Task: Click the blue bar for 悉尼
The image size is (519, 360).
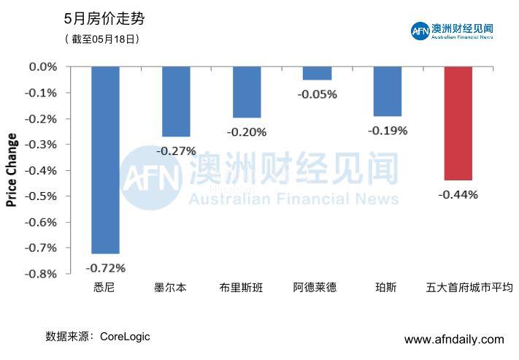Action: click(x=105, y=160)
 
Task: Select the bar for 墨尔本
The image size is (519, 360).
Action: click(x=176, y=102)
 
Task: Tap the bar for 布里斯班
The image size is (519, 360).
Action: click(x=247, y=92)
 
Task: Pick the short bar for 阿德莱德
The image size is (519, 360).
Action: click(x=317, y=73)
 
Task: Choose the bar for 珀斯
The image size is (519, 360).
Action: click(x=388, y=91)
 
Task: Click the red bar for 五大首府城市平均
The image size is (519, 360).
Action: click(x=458, y=123)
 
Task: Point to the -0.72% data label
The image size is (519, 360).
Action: click(x=105, y=267)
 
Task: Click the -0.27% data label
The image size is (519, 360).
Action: click(x=176, y=151)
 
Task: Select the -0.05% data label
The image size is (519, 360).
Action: click(x=317, y=94)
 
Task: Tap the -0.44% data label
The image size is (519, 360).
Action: click(x=458, y=194)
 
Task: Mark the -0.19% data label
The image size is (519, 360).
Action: click(x=388, y=131)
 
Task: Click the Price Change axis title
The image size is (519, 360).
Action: click(x=12, y=170)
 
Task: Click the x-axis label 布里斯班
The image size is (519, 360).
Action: click(x=247, y=288)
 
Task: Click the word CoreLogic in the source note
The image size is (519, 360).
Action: click(x=125, y=337)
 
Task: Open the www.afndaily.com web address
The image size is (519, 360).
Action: click(x=453, y=340)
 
